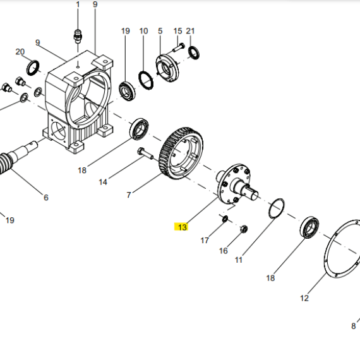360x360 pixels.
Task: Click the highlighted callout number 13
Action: pyautogui.click(x=183, y=227)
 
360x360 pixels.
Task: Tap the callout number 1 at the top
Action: pyautogui.click(x=78, y=4)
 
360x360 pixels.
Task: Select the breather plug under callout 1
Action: pyautogui.click(x=78, y=36)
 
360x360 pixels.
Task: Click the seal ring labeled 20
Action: pyautogui.click(x=33, y=68)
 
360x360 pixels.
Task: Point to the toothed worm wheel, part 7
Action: pyautogui.click(x=181, y=153)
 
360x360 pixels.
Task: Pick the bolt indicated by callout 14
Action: pyautogui.click(x=145, y=153)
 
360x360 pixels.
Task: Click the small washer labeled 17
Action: pyautogui.click(x=225, y=219)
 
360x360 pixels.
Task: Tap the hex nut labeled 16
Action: pyautogui.click(x=244, y=229)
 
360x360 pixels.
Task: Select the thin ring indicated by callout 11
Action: pyautogui.click(x=276, y=208)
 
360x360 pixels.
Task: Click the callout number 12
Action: pyautogui.click(x=304, y=298)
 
